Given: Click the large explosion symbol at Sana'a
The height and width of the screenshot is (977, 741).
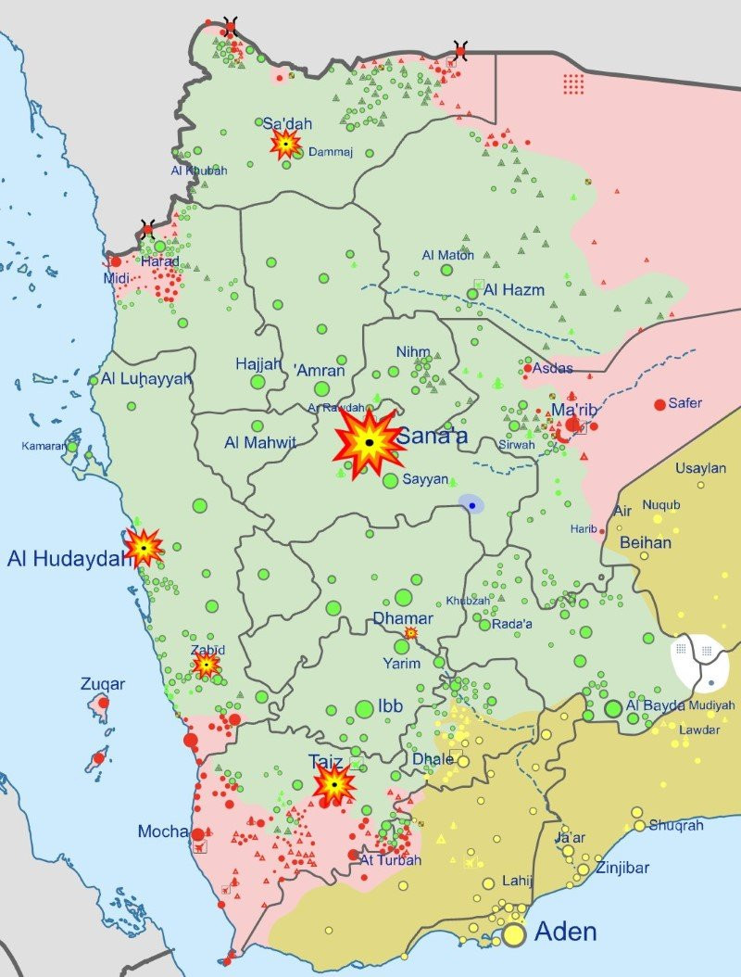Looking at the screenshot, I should click(x=369, y=443).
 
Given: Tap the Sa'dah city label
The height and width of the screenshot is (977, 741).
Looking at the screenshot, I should click(x=287, y=124).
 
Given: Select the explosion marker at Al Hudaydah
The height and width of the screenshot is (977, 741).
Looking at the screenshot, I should click(x=144, y=548).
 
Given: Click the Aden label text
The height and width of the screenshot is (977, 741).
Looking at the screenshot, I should click(x=566, y=931).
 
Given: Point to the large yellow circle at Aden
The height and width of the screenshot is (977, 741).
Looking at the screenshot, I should click(x=515, y=935).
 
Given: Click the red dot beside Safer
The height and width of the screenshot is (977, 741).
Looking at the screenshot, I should click(x=659, y=404).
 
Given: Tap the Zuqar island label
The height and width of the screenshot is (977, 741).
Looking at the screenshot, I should click(x=103, y=684).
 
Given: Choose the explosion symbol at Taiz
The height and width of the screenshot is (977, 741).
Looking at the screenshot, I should click(x=333, y=785).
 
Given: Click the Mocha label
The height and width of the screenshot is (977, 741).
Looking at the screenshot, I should click(x=164, y=831).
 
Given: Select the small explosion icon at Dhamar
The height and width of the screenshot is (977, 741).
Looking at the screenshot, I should click(x=410, y=633).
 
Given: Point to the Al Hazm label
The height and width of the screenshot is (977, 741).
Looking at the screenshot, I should click(x=514, y=290).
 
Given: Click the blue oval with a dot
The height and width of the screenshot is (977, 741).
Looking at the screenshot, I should click(x=471, y=505).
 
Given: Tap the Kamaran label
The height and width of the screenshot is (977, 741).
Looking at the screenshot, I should click(x=43, y=447).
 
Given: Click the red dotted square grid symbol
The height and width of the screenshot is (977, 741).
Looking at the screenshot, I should click(x=574, y=83).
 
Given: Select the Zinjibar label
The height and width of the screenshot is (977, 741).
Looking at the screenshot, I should click(x=622, y=869).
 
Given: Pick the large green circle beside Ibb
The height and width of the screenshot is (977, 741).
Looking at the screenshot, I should click(x=364, y=709).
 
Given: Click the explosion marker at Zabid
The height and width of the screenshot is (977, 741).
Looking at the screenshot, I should click(x=207, y=665).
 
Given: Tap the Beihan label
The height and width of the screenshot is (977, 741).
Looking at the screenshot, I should click(x=646, y=542).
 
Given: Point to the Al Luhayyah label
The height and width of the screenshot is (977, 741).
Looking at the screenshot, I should click(x=146, y=378).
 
